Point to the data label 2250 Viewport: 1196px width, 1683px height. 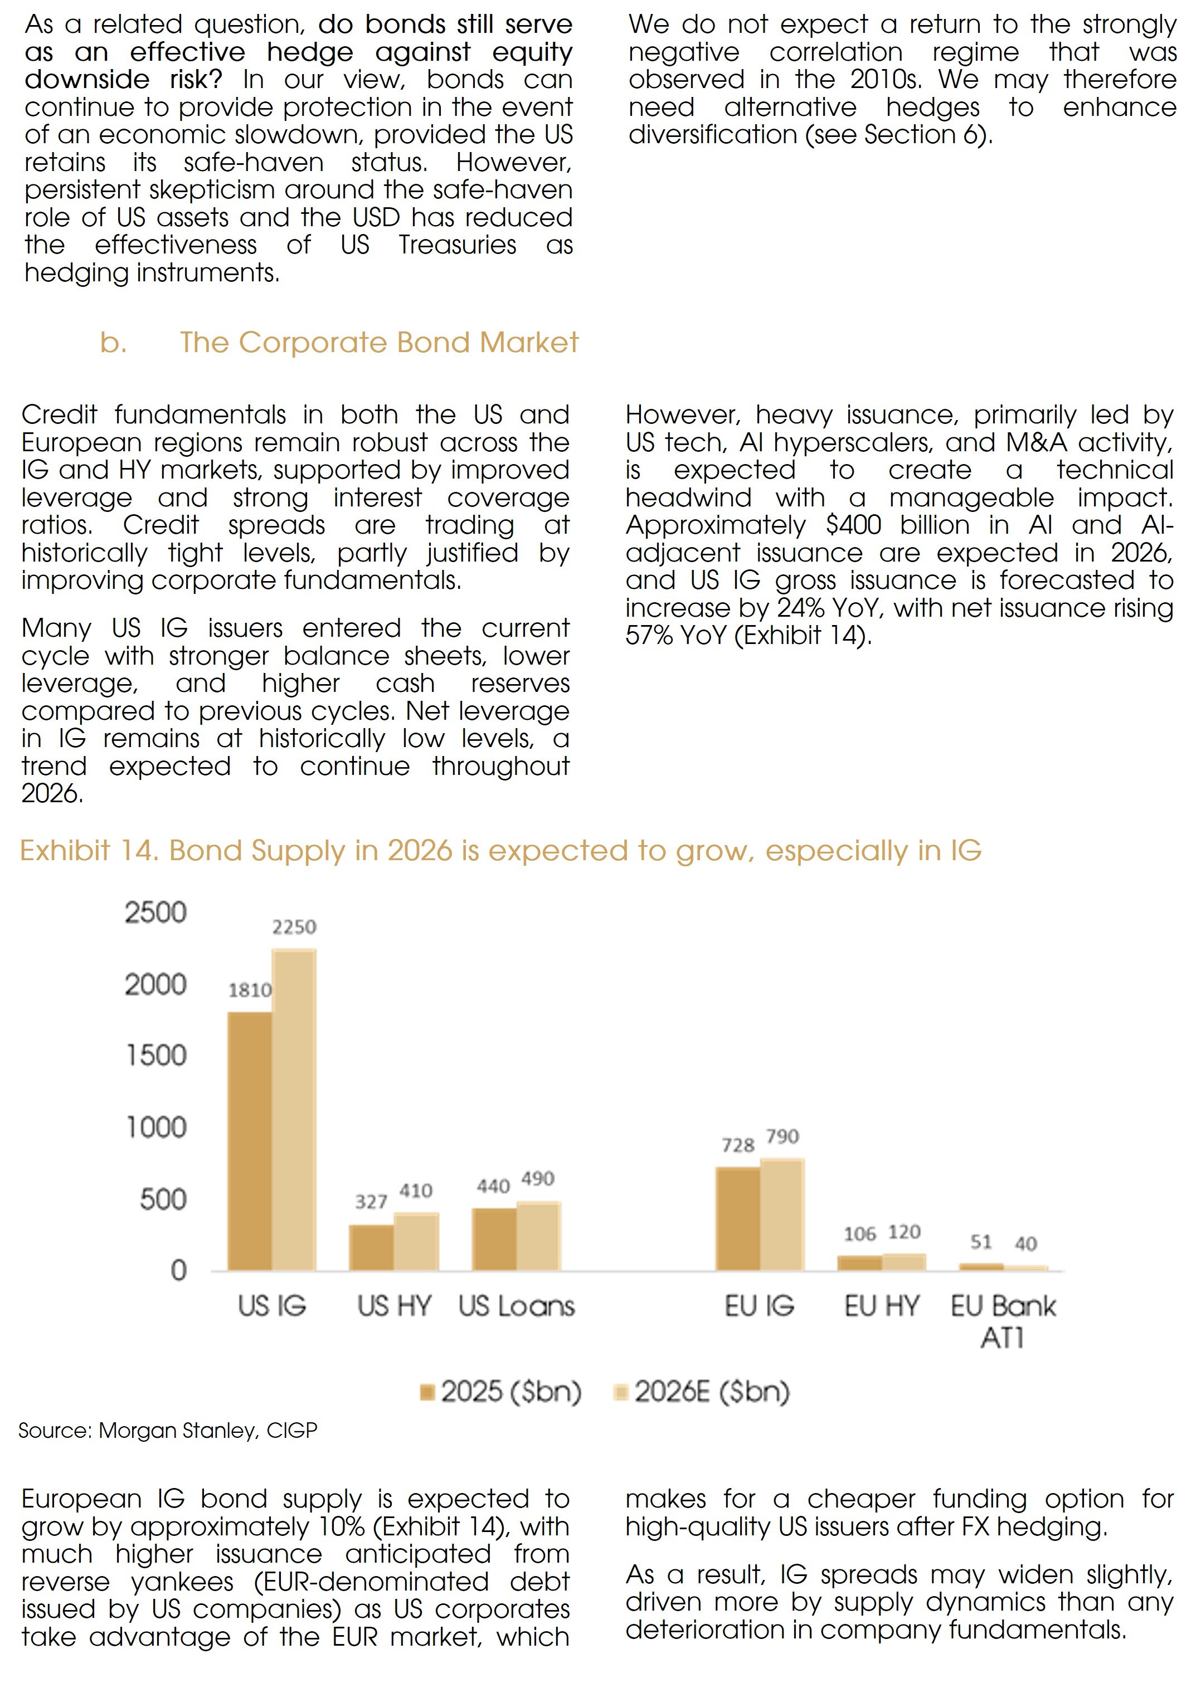(x=294, y=927)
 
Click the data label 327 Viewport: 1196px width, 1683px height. (x=371, y=1202)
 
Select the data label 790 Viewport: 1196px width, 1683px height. (x=782, y=1136)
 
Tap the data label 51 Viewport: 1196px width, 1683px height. (x=981, y=1242)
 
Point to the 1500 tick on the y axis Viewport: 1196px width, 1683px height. (x=155, y=1056)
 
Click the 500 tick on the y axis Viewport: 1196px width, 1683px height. (x=163, y=1200)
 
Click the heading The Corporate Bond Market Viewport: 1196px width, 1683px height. (x=380, y=343)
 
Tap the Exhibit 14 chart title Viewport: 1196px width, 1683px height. (x=501, y=850)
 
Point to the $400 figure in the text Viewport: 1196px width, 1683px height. (x=854, y=525)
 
